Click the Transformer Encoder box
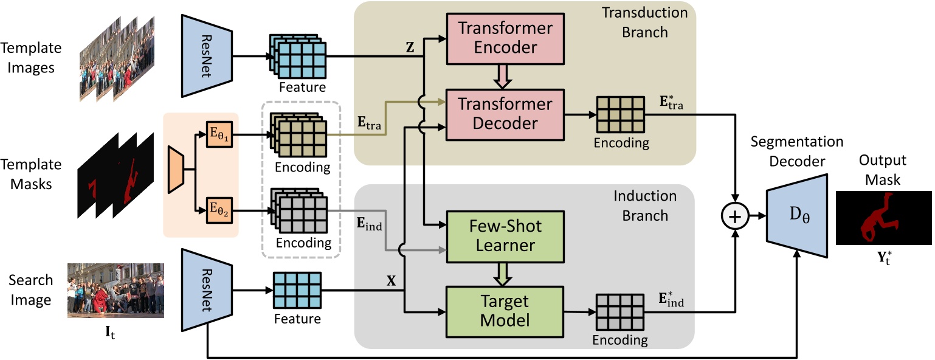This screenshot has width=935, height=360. [x=505, y=38]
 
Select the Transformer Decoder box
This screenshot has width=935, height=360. [x=505, y=113]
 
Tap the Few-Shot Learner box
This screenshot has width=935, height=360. [x=505, y=235]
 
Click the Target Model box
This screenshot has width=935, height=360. [x=505, y=310]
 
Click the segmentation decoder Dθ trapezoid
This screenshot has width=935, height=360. [x=797, y=216]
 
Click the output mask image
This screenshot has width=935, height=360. [x=883, y=218]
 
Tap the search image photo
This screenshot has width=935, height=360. [x=115, y=290]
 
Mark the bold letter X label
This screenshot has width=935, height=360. [x=392, y=282]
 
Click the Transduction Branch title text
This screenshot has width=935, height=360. [x=644, y=22]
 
